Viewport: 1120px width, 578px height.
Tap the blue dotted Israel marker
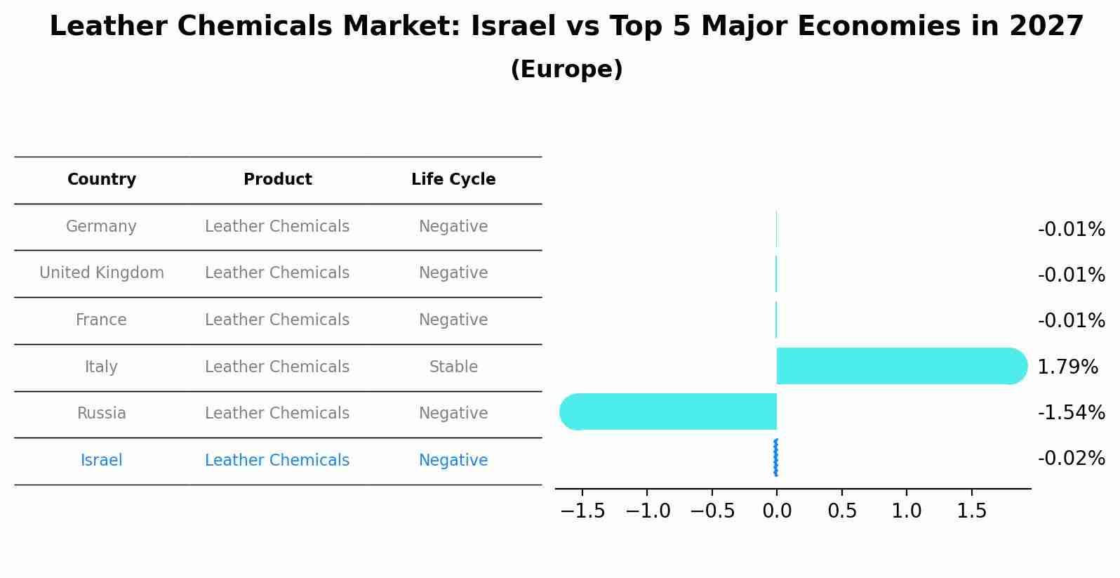point(775,458)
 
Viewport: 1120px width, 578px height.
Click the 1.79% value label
point(1067,367)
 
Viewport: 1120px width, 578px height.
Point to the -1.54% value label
point(1071,412)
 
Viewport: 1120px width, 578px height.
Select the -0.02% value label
point(1071,458)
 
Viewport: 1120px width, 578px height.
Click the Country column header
point(102,180)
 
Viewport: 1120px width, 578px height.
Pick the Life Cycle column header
point(453,180)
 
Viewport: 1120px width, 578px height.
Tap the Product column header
point(278,180)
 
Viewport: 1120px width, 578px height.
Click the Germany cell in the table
point(101,227)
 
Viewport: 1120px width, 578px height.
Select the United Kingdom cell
point(102,273)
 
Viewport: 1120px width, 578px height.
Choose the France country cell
point(101,320)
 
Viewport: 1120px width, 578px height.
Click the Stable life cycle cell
point(453,367)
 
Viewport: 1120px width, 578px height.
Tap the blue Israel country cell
point(101,461)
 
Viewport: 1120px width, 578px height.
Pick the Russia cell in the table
point(101,414)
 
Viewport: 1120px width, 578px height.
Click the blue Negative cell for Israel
point(453,461)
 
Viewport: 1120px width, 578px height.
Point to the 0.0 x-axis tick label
point(777,511)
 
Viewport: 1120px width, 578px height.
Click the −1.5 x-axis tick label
point(582,511)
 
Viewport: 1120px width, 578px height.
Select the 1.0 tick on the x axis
point(907,511)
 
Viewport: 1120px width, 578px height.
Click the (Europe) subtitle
point(566,70)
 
